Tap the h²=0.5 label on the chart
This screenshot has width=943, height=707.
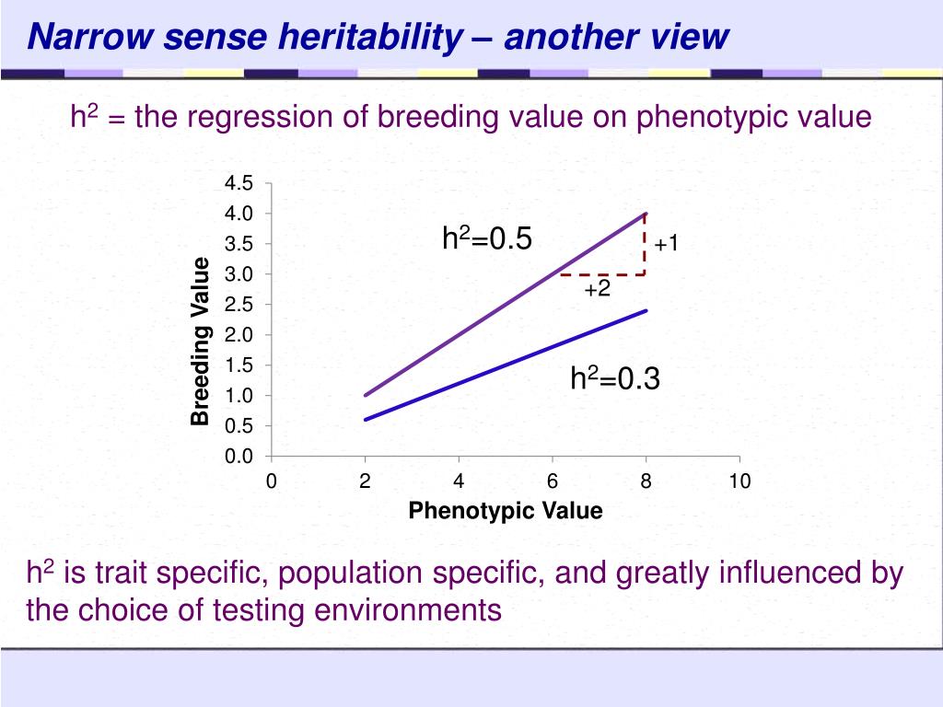(487, 238)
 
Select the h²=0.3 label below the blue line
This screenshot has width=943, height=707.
(615, 378)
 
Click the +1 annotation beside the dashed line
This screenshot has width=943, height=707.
(667, 243)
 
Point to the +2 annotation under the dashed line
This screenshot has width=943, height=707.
(597, 289)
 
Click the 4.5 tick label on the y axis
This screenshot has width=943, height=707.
(239, 183)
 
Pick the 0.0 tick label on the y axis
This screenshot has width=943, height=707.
(239, 457)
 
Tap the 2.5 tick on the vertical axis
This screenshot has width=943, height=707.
(239, 305)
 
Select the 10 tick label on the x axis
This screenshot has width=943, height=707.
(739, 481)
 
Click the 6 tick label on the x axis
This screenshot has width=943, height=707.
(553, 481)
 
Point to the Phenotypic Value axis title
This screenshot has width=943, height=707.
(506, 510)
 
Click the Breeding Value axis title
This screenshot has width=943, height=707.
(200, 342)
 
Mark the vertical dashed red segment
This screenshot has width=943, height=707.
(645, 245)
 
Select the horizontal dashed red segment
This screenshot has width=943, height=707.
(602, 274)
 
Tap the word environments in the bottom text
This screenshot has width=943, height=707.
(408, 610)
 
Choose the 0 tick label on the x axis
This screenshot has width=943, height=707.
(272, 481)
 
